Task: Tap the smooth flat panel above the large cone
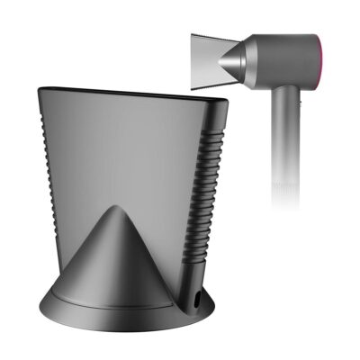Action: [x=126, y=144]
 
